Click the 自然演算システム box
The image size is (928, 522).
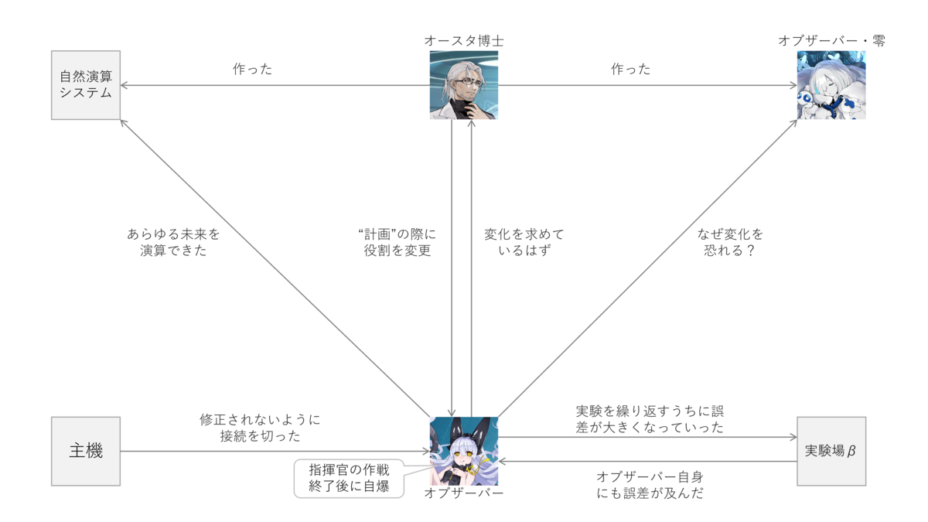point(86,86)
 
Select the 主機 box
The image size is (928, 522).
point(86,451)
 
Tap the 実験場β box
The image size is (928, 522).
point(831,451)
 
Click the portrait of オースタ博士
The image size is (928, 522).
point(463,85)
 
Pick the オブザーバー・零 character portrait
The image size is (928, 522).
point(831,85)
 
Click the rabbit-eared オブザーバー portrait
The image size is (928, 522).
point(463,451)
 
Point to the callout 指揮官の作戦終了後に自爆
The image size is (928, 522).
point(349,477)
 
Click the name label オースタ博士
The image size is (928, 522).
point(463,40)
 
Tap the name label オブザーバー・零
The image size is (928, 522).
point(831,40)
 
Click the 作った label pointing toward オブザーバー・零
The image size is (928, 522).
point(631,70)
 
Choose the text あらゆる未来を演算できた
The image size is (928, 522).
point(173,242)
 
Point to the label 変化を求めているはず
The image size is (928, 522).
point(524,242)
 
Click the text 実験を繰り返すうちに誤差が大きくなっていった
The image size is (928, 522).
point(650,418)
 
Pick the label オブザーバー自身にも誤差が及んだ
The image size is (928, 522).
point(650,484)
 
